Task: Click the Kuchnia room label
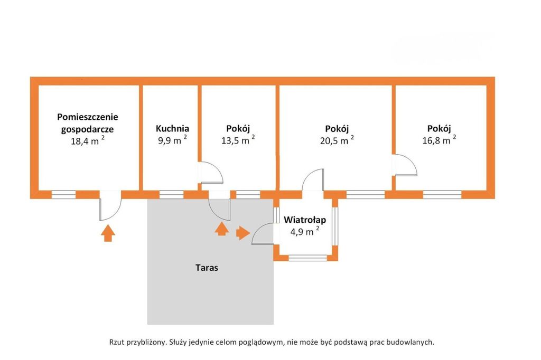(172, 128)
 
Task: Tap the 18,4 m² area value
(88, 141)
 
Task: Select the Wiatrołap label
(305, 220)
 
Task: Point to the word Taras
(206, 268)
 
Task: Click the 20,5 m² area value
(337, 141)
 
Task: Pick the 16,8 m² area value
(439, 141)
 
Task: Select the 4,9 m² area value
(305, 231)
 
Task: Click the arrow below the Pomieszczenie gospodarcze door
(108, 233)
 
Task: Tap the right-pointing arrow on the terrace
(243, 233)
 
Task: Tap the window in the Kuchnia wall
(168, 195)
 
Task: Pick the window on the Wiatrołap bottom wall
(307, 258)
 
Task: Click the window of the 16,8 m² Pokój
(442, 195)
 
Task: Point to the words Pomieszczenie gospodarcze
(88, 122)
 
